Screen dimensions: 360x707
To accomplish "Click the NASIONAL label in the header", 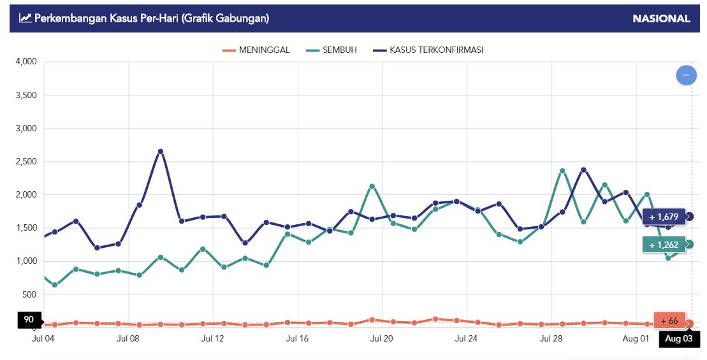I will point(661,18).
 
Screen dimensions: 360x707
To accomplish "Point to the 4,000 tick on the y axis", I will point(26,62).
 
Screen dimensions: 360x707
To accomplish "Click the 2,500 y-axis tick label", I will point(26,162).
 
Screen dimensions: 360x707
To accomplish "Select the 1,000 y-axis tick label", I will point(26,261).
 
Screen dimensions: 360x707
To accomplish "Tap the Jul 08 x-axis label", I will point(128,339).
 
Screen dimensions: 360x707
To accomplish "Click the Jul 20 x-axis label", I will point(381,339).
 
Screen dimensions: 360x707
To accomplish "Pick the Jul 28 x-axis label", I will point(551,339).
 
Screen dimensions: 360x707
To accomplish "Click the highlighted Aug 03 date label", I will point(679,339).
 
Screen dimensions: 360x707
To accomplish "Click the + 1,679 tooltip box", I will point(664,217).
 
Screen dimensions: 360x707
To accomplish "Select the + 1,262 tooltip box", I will point(664,245).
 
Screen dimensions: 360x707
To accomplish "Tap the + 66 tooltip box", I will point(669,320).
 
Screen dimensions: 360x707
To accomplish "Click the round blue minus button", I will point(686,75).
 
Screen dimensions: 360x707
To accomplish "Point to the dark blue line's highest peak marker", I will point(161,152).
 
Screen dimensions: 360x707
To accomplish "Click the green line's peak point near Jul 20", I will point(372,187).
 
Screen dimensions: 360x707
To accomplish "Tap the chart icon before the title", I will point(26,18).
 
